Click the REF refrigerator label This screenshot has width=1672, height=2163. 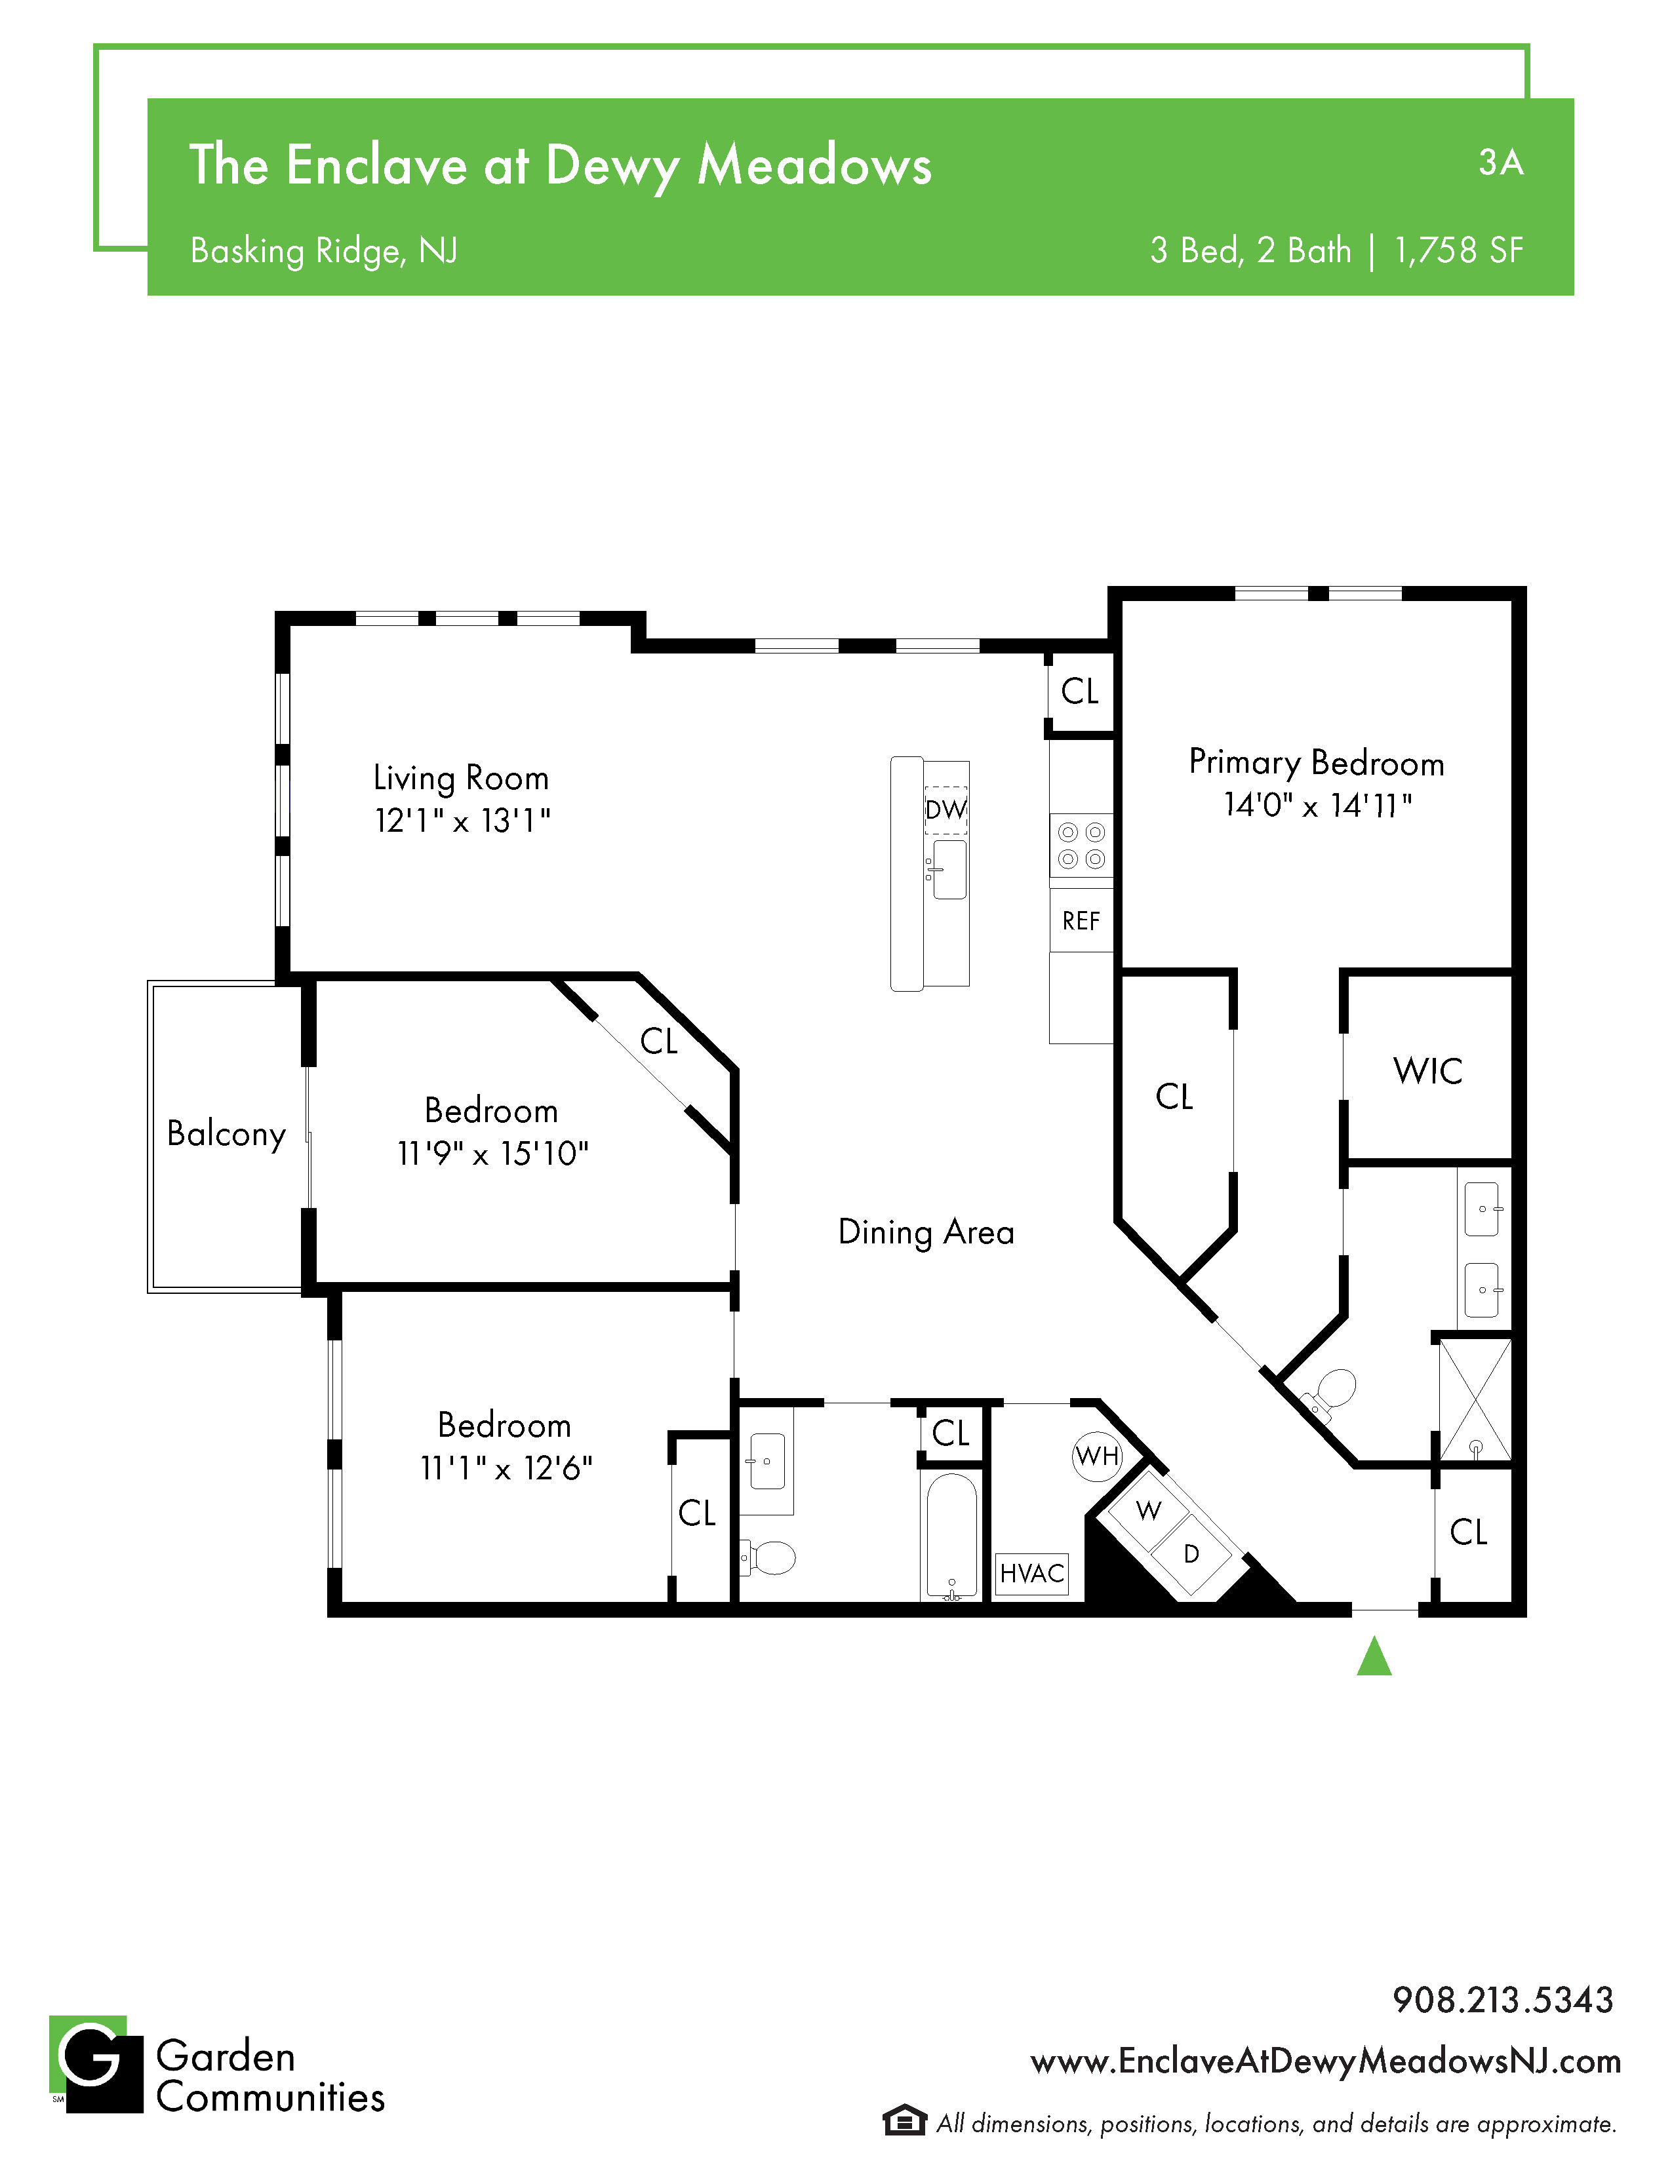1081,921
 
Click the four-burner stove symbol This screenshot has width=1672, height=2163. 1082,846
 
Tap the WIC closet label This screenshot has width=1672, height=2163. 1427,1070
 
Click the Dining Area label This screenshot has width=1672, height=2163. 926,1232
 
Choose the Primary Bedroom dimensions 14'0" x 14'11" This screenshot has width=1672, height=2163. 1317,805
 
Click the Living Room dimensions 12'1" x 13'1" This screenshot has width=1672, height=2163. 462,820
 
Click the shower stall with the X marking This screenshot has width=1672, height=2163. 1475,1399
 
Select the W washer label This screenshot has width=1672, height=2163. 1149,1510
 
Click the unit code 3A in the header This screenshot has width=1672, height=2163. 1501,163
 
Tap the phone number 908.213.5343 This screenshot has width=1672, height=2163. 1503,2000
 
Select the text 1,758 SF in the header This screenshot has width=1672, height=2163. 1459,250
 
